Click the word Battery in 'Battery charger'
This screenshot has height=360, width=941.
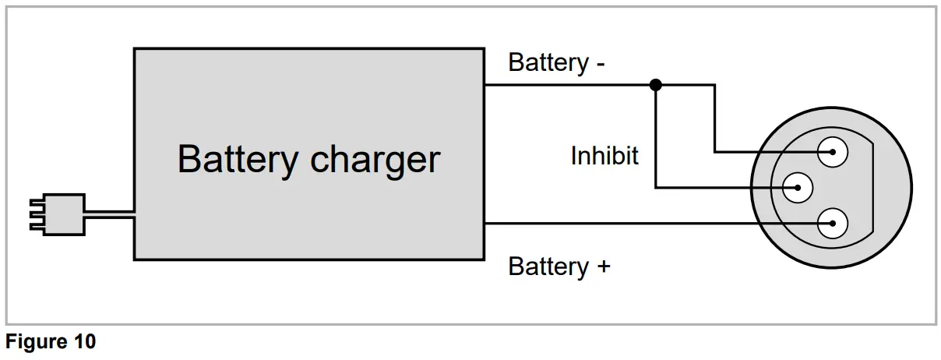[238, 159]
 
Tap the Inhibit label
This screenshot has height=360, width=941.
[604, 156]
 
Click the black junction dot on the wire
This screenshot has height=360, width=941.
[656, 84]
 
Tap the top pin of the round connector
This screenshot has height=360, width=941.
[833, 152]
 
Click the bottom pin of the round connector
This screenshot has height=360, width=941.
[833, 224]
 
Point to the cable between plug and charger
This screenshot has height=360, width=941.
[109, 214]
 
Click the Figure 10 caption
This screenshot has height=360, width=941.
[51, 342]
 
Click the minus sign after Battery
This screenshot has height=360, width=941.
[600, 62]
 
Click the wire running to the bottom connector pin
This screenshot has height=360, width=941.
[623, 224]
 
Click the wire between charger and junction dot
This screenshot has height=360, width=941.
[569, 84]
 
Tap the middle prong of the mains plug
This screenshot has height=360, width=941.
[35, 214]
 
